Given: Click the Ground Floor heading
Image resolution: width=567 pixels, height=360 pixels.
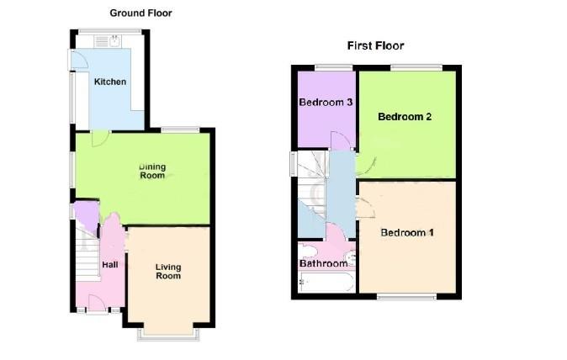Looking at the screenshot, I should pos(141,13).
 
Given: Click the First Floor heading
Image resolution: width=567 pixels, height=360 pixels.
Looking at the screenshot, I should pos(376,45).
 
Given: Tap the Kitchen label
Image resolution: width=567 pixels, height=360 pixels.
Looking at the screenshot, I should pos(110,82).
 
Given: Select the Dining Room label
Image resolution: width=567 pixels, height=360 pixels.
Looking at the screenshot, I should pos(152,171).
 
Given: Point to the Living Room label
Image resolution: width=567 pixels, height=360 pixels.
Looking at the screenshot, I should pos(168,271).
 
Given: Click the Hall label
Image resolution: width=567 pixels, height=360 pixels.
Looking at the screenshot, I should pos(110,265).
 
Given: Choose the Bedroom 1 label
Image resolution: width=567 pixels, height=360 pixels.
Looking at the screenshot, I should pos(406,232).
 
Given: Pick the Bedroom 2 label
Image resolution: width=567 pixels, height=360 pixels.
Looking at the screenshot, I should pos(405,117).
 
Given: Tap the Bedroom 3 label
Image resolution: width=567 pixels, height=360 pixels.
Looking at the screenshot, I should pos(326,103).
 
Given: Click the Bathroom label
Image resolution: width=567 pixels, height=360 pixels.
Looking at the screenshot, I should pos(324,263).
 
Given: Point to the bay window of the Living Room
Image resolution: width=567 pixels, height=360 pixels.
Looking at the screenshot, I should pos(169,332).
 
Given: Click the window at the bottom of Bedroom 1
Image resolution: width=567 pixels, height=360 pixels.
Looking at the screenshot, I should pos(405,295).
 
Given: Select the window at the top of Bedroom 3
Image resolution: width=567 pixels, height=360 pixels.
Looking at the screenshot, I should pos(326,67).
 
